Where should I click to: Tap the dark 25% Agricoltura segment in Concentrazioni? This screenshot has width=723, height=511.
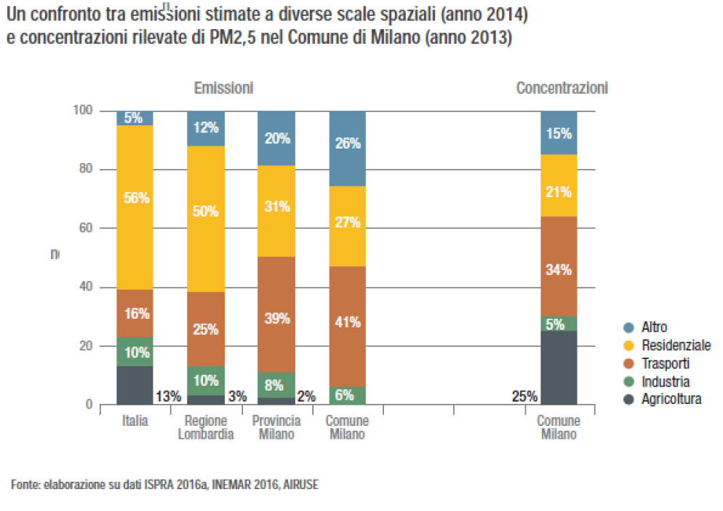coord(558,368)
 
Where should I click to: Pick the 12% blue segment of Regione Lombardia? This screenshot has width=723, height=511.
coord(205,129)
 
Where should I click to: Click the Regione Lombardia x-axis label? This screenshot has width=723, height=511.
coord(205,428)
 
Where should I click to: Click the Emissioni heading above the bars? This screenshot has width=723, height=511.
coord(223,88)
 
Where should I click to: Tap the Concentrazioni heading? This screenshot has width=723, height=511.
coord(562,88)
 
